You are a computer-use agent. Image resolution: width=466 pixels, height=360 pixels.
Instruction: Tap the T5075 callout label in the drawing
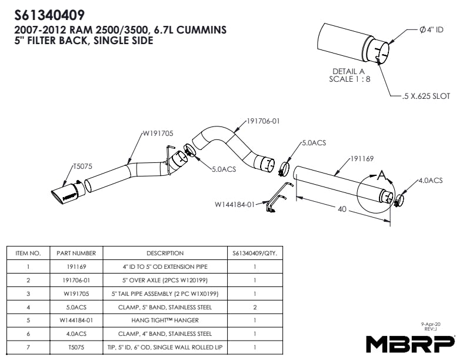point(82,166)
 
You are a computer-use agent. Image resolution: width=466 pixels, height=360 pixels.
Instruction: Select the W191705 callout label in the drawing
point(158,134)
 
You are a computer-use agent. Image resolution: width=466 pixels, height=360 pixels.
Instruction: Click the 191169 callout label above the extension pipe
point(363,159)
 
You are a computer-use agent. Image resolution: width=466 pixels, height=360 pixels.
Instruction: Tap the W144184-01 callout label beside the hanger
point(234,205)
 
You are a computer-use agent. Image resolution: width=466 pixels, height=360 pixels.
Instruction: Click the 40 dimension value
point(342,209)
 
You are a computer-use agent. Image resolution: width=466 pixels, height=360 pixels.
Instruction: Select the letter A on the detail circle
point(382,175)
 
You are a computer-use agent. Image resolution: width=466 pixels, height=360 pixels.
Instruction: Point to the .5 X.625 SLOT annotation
point(426,96)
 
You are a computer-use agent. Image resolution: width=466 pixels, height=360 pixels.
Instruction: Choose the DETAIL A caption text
point(349,71)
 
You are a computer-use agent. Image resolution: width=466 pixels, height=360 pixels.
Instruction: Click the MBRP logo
point(410,342)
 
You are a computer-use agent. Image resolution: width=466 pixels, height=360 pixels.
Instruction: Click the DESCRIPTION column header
point(165,254)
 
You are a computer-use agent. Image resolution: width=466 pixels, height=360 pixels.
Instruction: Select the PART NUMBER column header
point(76,254)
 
